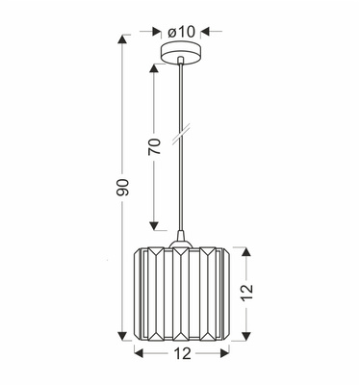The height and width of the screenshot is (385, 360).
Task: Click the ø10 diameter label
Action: point(180,32)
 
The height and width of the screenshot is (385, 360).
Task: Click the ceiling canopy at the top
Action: point(180,54)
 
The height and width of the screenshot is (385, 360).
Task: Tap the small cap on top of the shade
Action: point(180,239)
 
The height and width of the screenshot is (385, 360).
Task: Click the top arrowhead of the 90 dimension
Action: point(122,40)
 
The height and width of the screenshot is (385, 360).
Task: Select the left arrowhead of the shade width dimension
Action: point(135,355)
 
